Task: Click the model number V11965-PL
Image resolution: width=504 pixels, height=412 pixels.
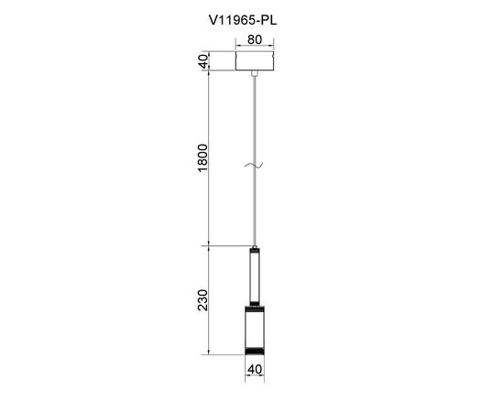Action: click(x=243, y=20)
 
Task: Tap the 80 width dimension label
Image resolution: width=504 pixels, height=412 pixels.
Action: click(x=255, y=39)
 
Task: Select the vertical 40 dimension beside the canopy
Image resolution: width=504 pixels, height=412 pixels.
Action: click(x=203, y=61)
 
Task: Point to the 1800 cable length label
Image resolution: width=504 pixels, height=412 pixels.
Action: click(x=203, y=158)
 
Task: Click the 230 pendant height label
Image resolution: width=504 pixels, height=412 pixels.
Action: click(x=203, y=300)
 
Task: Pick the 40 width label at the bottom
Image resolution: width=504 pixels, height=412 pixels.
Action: click(x=255, y=369)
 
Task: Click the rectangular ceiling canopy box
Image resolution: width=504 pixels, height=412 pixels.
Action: click(x=255, y=60)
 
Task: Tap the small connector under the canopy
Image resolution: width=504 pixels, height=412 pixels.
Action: click(x=255, y=73)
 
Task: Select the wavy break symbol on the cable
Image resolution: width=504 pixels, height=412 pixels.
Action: click(x=254, y=166)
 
